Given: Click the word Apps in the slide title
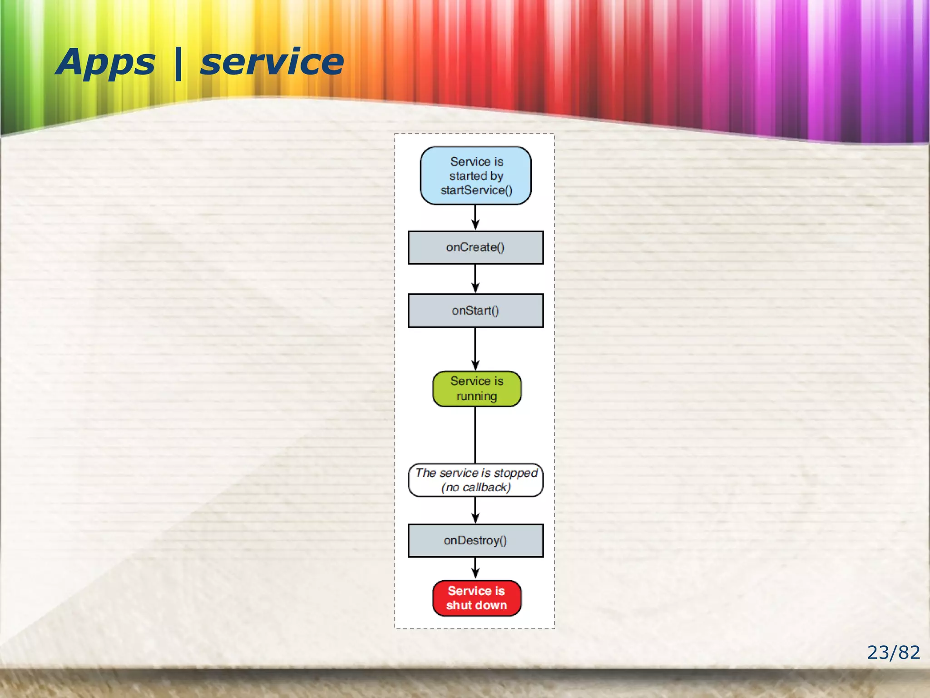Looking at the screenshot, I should (x=105, y=63).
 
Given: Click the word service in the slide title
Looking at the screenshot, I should (x=272, y=63).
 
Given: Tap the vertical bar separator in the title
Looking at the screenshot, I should (x=178, y=64).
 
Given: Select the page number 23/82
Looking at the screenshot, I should (x=893, y=653).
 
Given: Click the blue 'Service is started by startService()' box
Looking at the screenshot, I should (x=476, y=175).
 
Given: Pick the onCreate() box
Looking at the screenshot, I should (x=475, y=248).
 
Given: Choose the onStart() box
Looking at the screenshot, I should (x=475, y=311).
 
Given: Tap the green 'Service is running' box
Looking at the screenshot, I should (x=476, y=389).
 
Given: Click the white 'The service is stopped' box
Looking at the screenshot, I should (x=476, y=480).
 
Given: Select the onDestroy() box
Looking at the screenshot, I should (x=475, y=541).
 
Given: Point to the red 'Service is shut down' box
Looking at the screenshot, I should (x=476, y=598).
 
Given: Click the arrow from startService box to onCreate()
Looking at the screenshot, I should (x=475, y=218).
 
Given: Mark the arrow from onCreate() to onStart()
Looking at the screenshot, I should (x=475, y=279).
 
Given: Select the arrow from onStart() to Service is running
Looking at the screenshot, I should (x=475, y=349).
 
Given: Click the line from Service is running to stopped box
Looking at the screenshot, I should (x=475, y=435).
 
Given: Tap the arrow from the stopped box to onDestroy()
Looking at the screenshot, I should (x=475, y=510).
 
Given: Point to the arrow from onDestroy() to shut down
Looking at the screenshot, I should (x=475, y=568).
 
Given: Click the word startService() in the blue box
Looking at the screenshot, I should (x=476, y=190).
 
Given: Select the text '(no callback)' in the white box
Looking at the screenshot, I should (x=476, y=488).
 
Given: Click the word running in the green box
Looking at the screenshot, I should (x=476, y=396).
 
